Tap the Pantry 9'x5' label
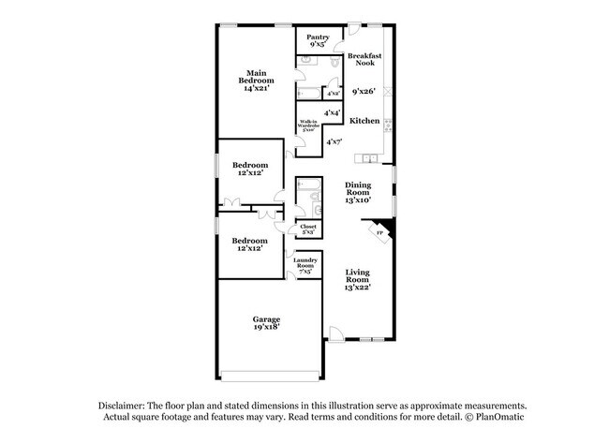(318, 40)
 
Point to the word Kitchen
(364, 121)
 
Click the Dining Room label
(359, 191)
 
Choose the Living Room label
(358, 278)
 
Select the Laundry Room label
(305, 265)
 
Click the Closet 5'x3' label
(308, 228)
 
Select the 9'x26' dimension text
(364, 92)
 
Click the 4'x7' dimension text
(335, 141)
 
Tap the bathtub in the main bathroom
(308, 94)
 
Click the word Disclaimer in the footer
(127, 404)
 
